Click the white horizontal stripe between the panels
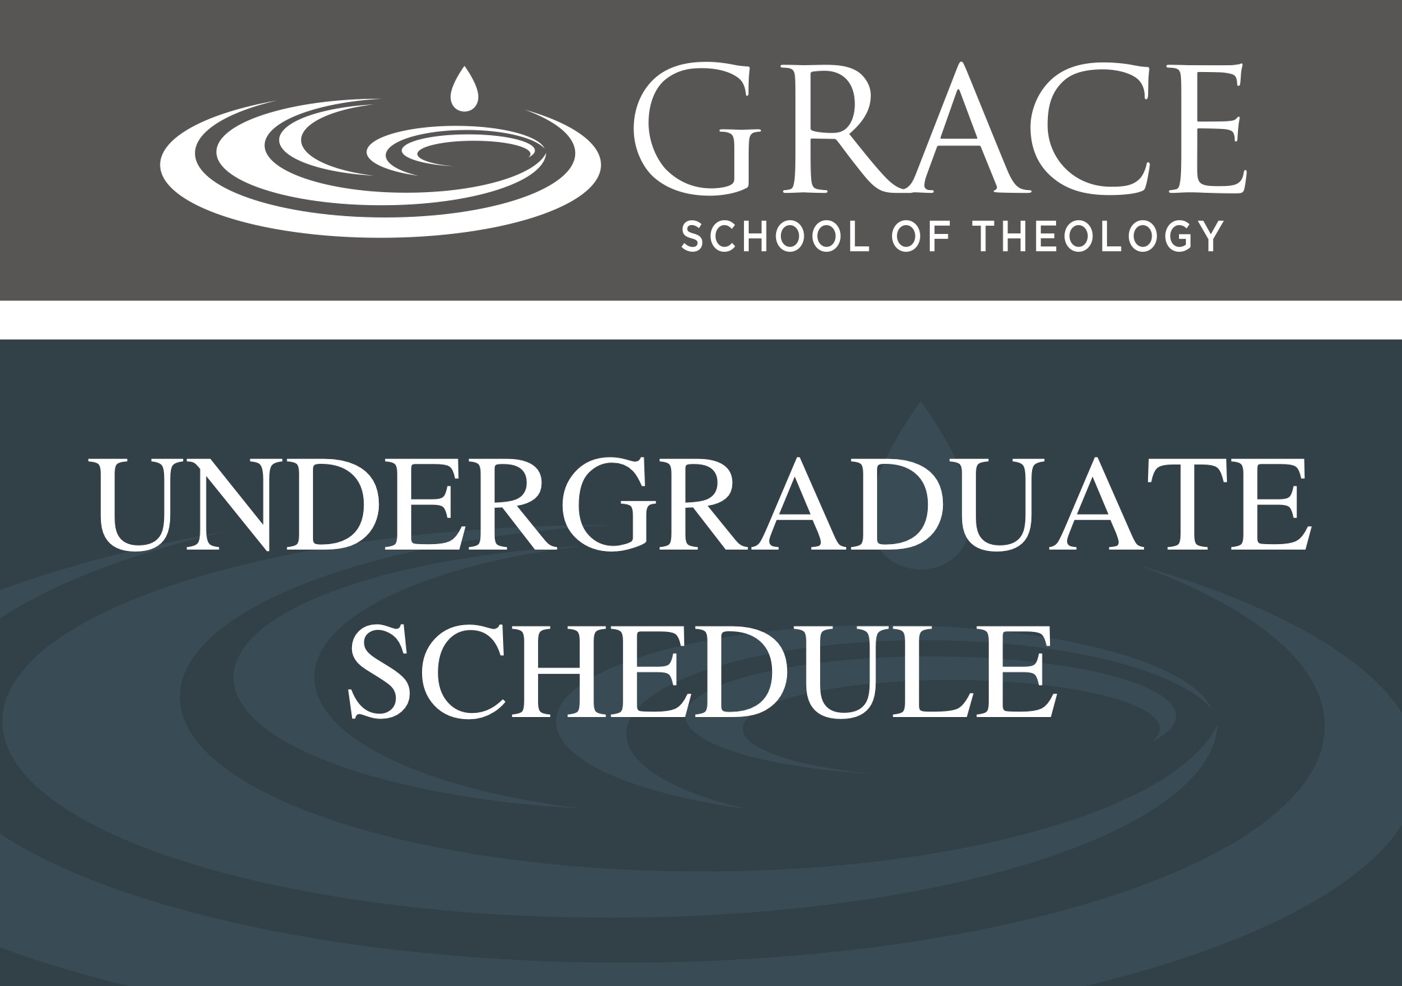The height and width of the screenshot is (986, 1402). [701, 320]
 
